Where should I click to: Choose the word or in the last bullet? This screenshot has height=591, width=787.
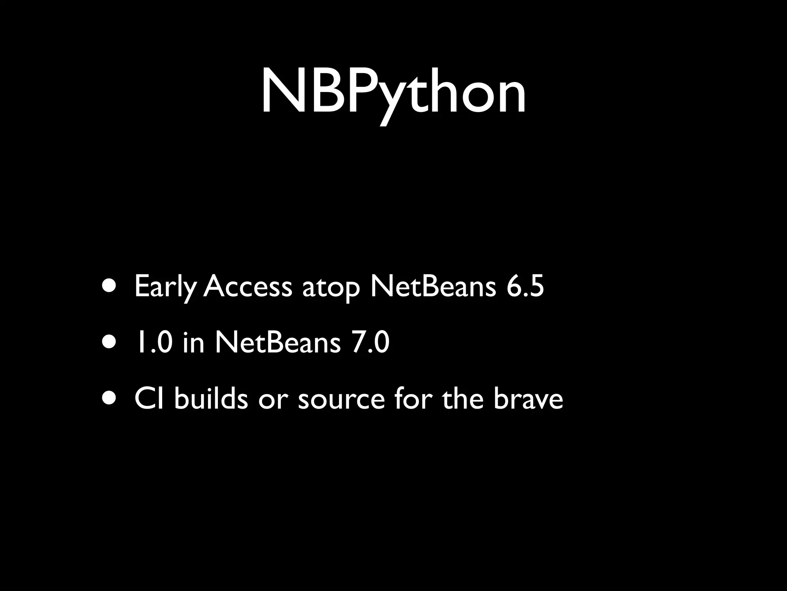[273, 400]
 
